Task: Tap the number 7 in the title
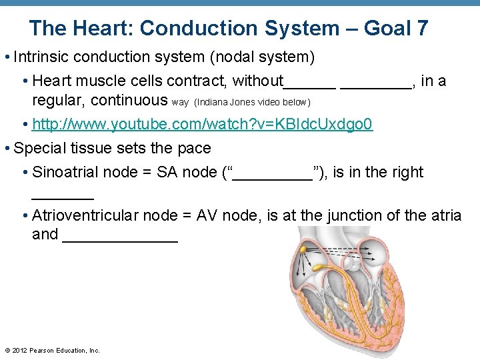pyautogui.click(x=421, y=29)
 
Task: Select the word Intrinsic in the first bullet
pyautogui.click(x=41, y=57)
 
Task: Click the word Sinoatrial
pyautogui.click(x=65, y=172)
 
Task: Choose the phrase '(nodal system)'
pyautogui.click(x=262, y=57)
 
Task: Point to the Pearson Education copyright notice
pyautogui.click(x=52, y=350)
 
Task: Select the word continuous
pyautogui.click(x=129, y=101)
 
